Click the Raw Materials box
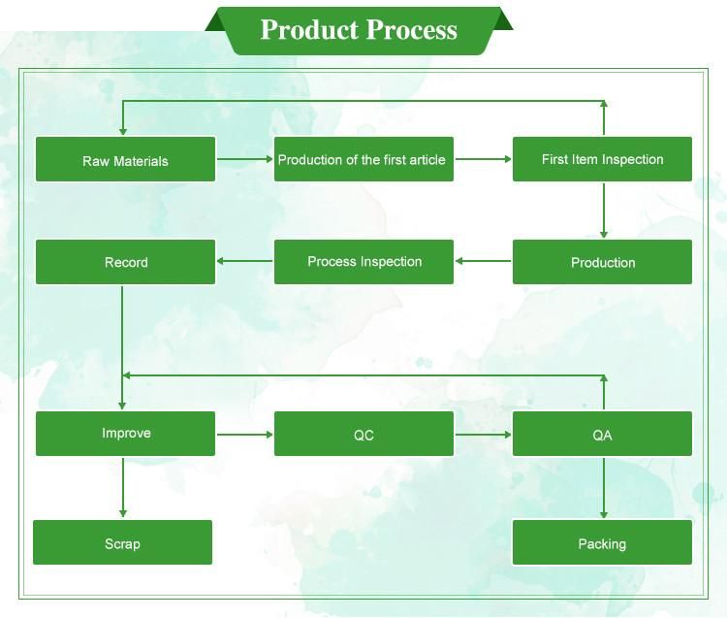(x=125, y=160)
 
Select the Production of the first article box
(x=363, y=159)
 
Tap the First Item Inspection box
(x=602, y=159)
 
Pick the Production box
(x=602, y=262)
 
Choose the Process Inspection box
(x=363, y=262)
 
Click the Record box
(x=125, y=262)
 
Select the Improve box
(x=125, y=434)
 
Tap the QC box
(x=363, y=435)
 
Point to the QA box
(x=602, y=435)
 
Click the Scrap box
(x=122, y=543)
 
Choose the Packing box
(x=602, y=543)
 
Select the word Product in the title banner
(x=309, y=30)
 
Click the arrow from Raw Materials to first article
(x=245, y=159)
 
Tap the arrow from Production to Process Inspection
(x=483, y=261)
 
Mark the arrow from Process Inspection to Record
(x=244, y=261)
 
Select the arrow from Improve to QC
(x=245, y=434)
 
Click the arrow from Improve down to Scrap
(x=122, y=487)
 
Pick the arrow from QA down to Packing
(x=604, y=488)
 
